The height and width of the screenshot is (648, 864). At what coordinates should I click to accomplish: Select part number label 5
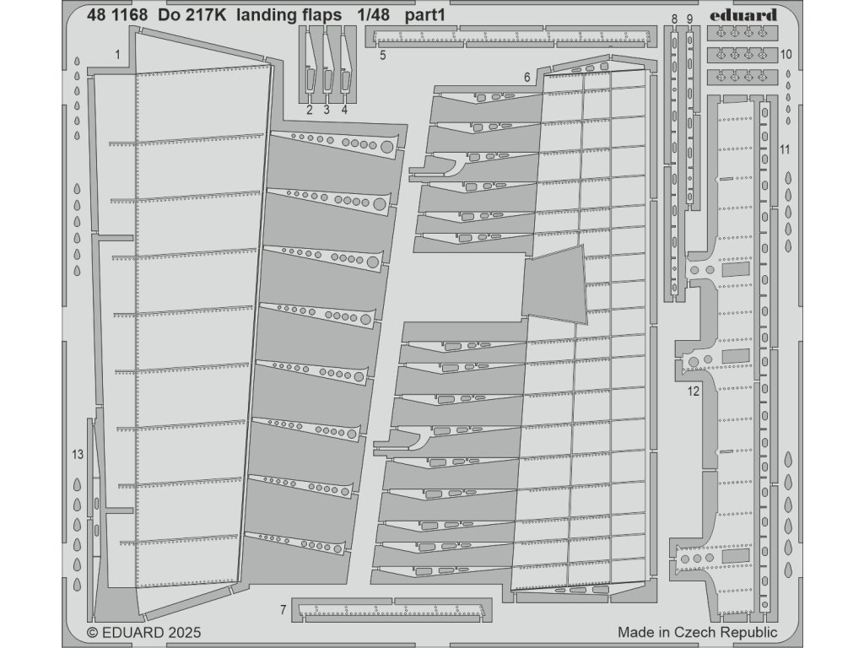[382, 56]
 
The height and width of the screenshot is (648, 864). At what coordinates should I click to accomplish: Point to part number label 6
[526, 78]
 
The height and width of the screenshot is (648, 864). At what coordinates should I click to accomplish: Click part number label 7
[283, 609]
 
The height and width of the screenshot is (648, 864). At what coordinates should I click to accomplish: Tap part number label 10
[786, 54]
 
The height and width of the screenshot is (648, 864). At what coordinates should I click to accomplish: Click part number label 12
[694, 391]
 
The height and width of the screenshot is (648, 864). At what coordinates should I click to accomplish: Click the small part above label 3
[327, 63]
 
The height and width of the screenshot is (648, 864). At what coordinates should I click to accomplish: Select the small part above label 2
[310, 63]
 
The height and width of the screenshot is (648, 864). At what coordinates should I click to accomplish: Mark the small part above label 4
[344, 63]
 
